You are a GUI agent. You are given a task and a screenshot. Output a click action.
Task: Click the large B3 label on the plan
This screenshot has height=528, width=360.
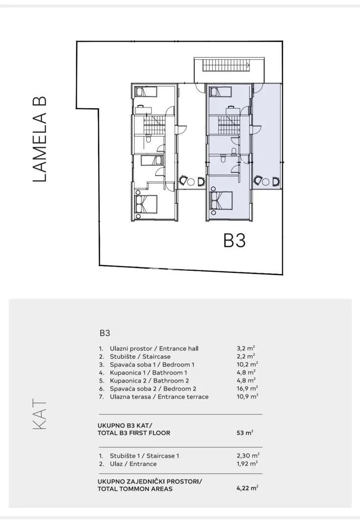pyautogui.click(x=234, y=241)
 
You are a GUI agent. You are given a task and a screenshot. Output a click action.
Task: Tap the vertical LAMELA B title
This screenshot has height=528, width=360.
pyautogui.click(x=40, y=140)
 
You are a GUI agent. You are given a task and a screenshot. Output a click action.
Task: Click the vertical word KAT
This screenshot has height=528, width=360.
pyautogui.click(x=40, y=414)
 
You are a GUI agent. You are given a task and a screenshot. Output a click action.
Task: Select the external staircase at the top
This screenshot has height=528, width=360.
pyautogui.click(x=226, y=66)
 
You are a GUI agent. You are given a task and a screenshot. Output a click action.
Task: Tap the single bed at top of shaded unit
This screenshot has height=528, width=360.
pyautogui.click(x=221, y=91)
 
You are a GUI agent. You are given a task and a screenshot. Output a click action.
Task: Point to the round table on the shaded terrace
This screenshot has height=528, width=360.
pyautogui.click(x=266, y=182)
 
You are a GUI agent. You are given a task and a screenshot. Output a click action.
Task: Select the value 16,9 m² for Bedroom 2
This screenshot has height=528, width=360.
pyautogui.click(x=247, y=389)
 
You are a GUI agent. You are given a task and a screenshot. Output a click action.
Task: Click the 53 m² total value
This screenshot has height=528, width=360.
pyautogui.click(x=245, y=433)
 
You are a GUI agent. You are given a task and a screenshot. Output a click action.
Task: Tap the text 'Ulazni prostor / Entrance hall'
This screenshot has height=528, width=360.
pyautogui.click(x=154, y=349)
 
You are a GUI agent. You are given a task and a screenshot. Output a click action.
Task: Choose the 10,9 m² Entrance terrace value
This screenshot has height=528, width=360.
pyautogui.click(x=247, y=396)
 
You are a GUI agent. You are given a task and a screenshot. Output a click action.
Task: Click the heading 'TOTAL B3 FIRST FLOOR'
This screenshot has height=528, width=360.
pyautogui.click(x=134, y=433)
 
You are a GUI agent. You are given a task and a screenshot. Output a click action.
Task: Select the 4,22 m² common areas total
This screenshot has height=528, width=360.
pyautogui.click(x=247, y=488)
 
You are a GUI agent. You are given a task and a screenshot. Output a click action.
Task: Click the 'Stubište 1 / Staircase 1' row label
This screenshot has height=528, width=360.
pyautogui.click(x=144, y=456)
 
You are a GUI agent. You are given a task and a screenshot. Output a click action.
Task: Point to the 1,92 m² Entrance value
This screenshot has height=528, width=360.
pyautogui.click(x=247, y=463)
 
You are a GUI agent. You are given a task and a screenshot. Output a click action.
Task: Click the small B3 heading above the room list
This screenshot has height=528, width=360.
pyautogui.click(x=105, y=333)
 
